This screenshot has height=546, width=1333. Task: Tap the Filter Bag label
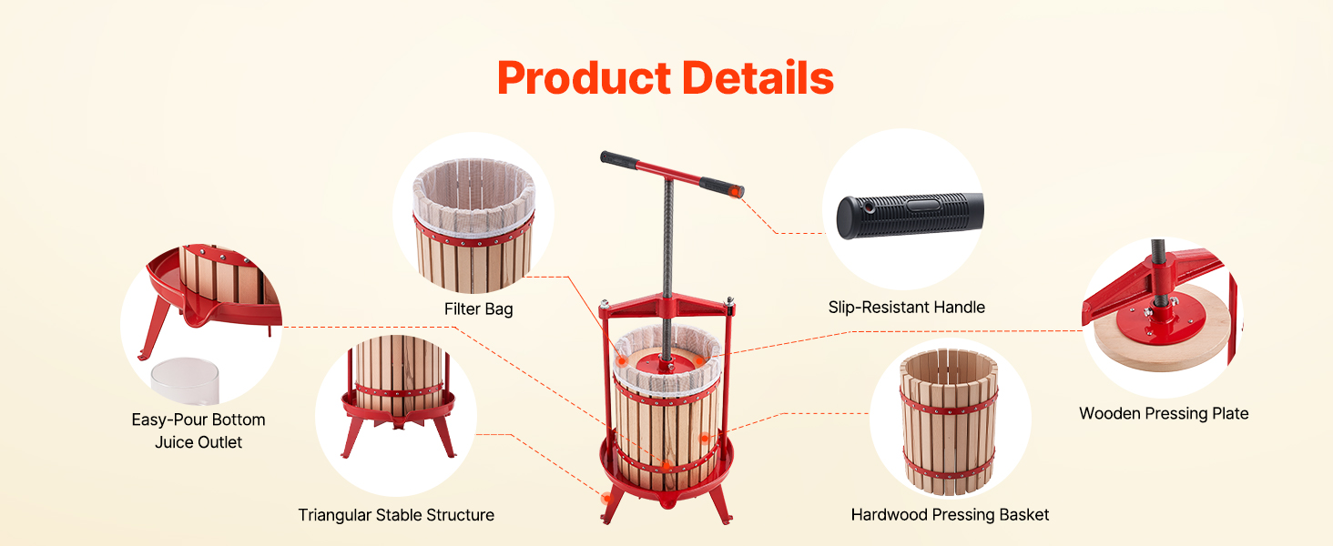pyautogui.click(x=478, y=309)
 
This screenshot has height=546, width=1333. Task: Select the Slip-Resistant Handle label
pyautogui.click(x=906, y=307)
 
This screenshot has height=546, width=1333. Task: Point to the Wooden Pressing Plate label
pyautogui.click(x=1164, y=413)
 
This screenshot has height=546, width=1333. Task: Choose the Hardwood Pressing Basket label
pyautogui.click(x=950, y=514)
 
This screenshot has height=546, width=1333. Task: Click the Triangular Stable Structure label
pyautogui.click(x=396, y=514)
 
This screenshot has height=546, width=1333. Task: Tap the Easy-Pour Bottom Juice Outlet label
pyautogui.click(x=198, y=430)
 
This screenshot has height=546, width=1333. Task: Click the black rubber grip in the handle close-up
pyautogui.click(x=910, y=216)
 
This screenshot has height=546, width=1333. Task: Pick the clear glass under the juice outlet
pyautogui.click(x=185, y=381)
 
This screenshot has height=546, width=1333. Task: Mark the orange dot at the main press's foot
pyautogui.click(x=606, y=499)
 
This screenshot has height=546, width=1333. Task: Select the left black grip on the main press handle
pyautogui.click(x=619, y=159)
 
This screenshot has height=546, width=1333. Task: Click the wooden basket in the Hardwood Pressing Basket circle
pyautogui.click(x=949, y=421)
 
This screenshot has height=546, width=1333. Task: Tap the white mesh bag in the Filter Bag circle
pyautogui.click(x=473, y=196)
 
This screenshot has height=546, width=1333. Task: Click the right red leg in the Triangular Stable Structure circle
pyautogui.click(x=444, y=437)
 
